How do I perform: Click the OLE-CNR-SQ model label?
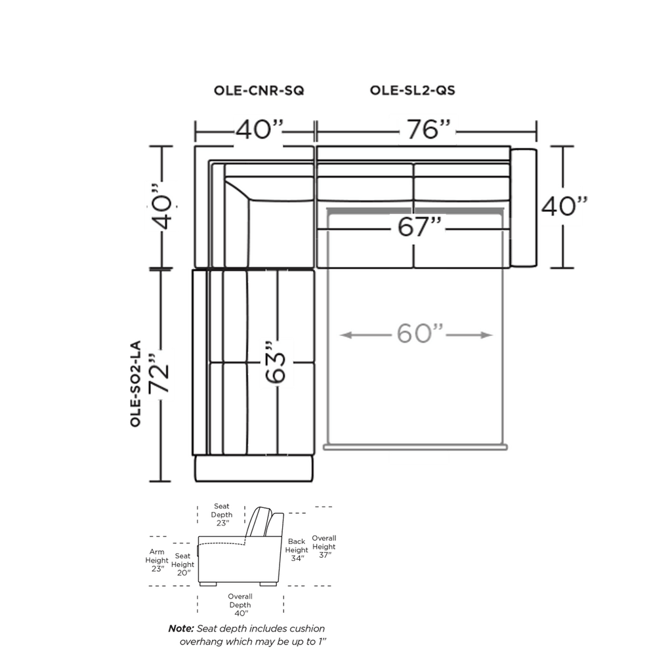point(259,91)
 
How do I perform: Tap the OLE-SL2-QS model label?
point(412,91)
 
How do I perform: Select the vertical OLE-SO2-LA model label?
point(135,383)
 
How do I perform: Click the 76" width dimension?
point(428,129)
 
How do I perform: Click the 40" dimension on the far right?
point(564,206)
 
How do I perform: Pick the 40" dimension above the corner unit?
point(260,129)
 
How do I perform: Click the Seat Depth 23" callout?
point(222,514)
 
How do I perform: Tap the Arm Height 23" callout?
point(157,560)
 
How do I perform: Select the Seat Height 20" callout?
point(182,564)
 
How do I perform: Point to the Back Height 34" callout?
point(297,550)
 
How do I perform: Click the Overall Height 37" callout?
point(324,547)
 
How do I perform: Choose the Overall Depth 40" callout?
point(240,604)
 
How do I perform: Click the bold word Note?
point(181,629)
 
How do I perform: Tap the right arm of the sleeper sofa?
point(524,207)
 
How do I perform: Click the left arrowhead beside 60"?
point(345,335)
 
